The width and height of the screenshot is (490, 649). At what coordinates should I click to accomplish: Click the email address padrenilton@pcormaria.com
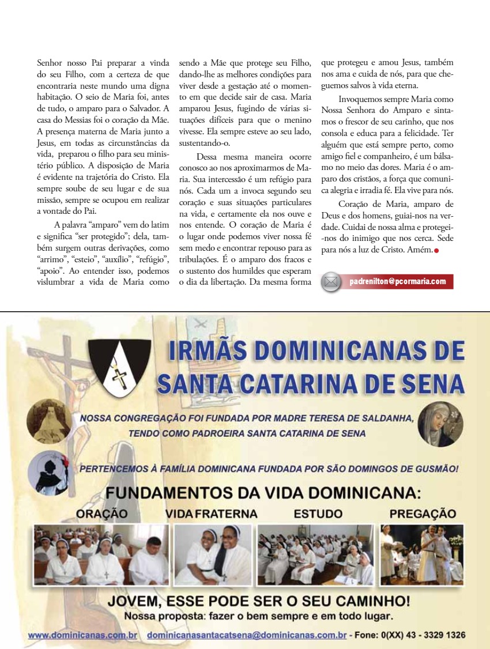[x=397, y=281]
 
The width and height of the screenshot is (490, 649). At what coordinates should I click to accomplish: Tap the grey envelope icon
[x=331, y=282]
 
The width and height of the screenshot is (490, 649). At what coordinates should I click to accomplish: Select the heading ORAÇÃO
[x=101, y=513]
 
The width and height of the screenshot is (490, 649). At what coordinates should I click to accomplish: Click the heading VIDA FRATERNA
[x=211, y=513]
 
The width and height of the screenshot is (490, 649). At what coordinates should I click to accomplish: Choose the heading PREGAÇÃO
[x=423, y=513]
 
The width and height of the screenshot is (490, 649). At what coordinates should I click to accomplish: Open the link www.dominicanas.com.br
[x=82, y=635]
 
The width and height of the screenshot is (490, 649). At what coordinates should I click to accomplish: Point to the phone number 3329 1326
[x=444, y=635]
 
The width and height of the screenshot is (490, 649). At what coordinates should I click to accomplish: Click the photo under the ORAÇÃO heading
[x=101, y=554]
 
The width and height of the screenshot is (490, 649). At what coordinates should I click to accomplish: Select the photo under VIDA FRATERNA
[x=213, y=554]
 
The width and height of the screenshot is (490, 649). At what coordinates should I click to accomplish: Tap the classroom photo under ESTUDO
[x=315, y=554]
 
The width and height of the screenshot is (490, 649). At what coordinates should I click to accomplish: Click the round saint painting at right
[x=440, y=424]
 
